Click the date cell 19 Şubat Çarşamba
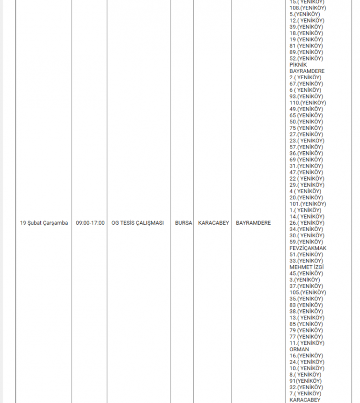coord(44,223)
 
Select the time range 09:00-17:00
coord(90,223)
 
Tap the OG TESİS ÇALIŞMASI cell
coord(138,223)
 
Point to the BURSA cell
coord(183,223)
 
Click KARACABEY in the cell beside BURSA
coord(214,223)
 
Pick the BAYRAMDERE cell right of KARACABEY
coord(253,223)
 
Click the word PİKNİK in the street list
coord(298,65)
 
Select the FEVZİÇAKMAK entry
coord(308,248)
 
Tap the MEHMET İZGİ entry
coord(307,267)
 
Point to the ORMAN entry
coord(300,349)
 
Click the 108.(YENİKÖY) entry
coord(308,8)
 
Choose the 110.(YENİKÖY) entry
coord(308,103)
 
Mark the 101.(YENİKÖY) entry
coord(308,204)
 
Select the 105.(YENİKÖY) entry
coord(308,293)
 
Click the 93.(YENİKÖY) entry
coord(306,97)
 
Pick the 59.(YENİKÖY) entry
coord(306,242)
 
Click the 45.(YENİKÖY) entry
coord(306,273)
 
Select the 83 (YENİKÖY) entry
coord(306,305)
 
